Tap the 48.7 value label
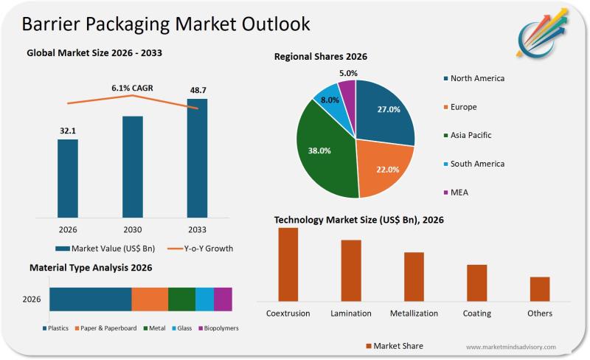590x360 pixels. click(x=197, y=89)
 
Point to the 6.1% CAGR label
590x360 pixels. click(x=132, y=88)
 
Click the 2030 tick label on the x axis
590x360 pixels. click(x=132, y=229)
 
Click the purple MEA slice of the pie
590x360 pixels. click(x=347, y=91)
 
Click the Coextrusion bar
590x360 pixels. click(x=288, y=264)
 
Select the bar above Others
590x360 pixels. click(x=540, y=288)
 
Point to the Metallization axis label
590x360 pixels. click(x=414, y=314)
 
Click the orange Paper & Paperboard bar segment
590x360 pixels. click(x=150, y=299)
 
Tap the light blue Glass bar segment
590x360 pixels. click(x=204, y=299)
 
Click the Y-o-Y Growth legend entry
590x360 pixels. click(x=199, y=249)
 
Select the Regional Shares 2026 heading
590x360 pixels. click(x=321, y=57)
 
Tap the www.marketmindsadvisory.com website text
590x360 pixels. click(x=511, y=347)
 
